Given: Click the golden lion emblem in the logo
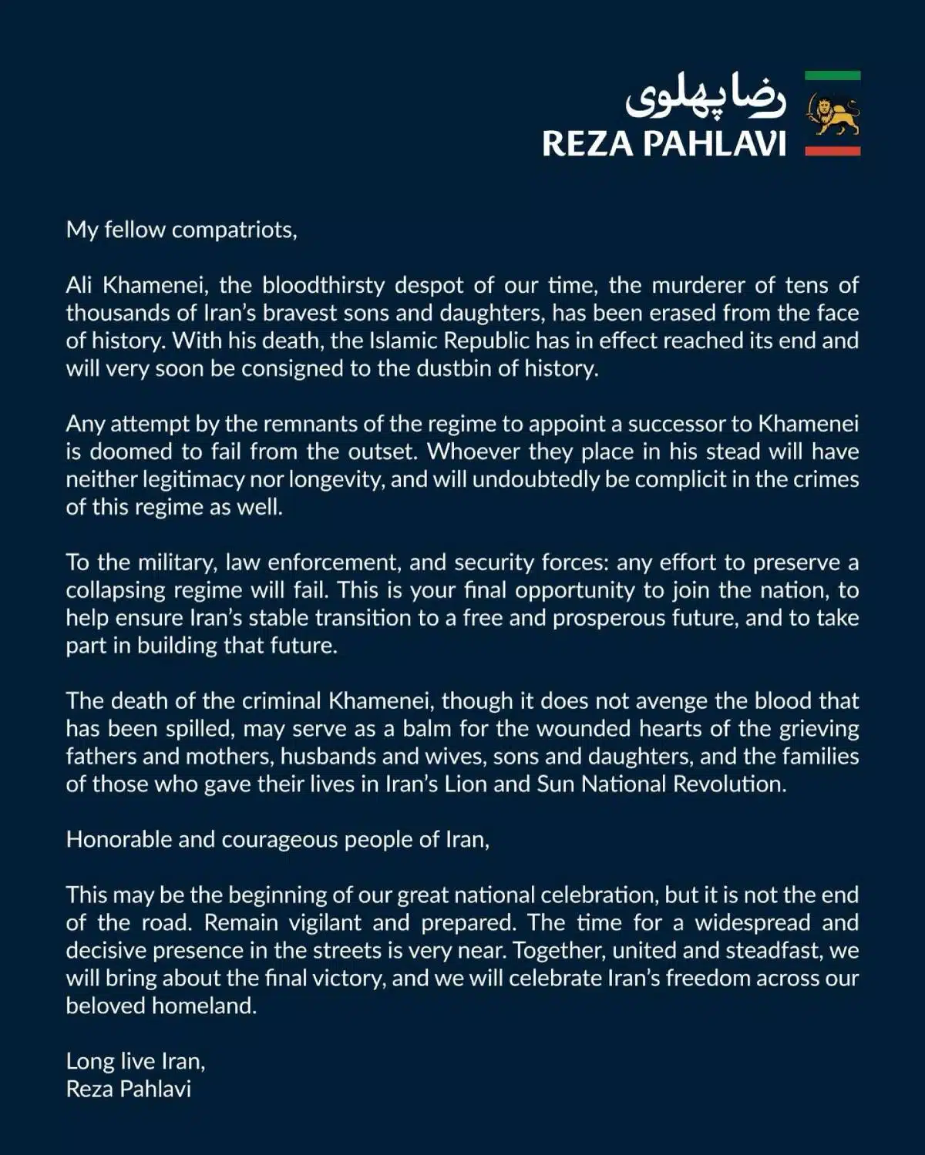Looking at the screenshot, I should click(832, 113).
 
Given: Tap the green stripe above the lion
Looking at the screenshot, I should click(832, 76).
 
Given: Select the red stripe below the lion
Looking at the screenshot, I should click(832, 152).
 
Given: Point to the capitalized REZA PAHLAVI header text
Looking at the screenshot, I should click(664, 144).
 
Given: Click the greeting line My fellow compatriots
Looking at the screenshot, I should click(181, 230).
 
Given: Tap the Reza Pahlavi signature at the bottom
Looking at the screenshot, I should click(129, 1090).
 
